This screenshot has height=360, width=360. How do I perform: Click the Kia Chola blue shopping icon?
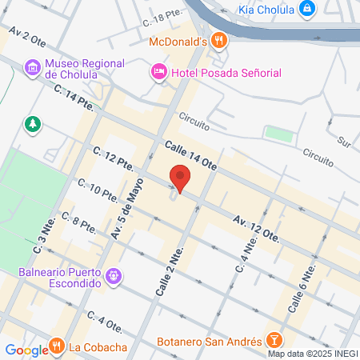pos(306,9)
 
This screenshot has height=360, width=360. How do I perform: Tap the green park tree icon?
pos(32,124)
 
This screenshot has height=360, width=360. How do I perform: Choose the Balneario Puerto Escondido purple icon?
pos(114,276)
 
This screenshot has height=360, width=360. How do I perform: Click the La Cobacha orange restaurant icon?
pos(57,346)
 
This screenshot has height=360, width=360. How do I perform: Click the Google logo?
pos(26,350)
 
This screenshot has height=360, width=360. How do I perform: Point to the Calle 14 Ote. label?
pos(191,155)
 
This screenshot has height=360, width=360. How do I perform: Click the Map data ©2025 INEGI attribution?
pos(312,353)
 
